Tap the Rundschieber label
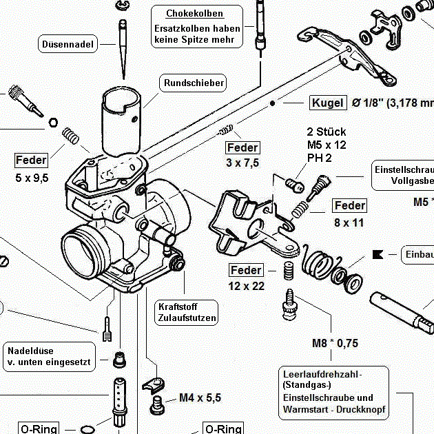194,83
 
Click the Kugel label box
327,103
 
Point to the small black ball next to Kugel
273,103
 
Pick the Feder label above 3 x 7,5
242,147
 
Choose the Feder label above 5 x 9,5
32,161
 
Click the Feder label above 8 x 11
349,205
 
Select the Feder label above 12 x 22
246,270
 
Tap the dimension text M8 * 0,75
335,342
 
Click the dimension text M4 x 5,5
200,397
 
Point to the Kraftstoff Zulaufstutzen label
187,313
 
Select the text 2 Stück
327,132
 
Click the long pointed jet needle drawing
123,48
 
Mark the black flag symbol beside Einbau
377,254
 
